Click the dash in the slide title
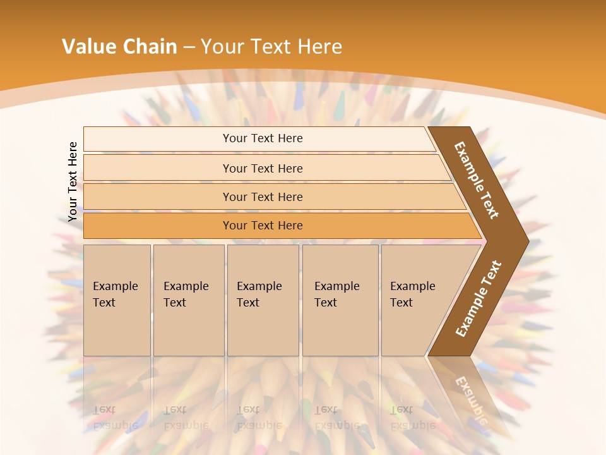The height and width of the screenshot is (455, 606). point(189,47)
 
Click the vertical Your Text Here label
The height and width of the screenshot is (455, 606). point(73,182)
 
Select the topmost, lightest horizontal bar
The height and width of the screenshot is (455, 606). point(262,138)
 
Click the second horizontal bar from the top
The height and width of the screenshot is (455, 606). point(262,168)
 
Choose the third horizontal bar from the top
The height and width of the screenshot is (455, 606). point(262,197)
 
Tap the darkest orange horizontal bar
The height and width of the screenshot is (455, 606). point(262,226)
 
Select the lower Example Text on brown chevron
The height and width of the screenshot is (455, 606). point(478,298)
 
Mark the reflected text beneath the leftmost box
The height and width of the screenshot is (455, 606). point(116,418)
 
